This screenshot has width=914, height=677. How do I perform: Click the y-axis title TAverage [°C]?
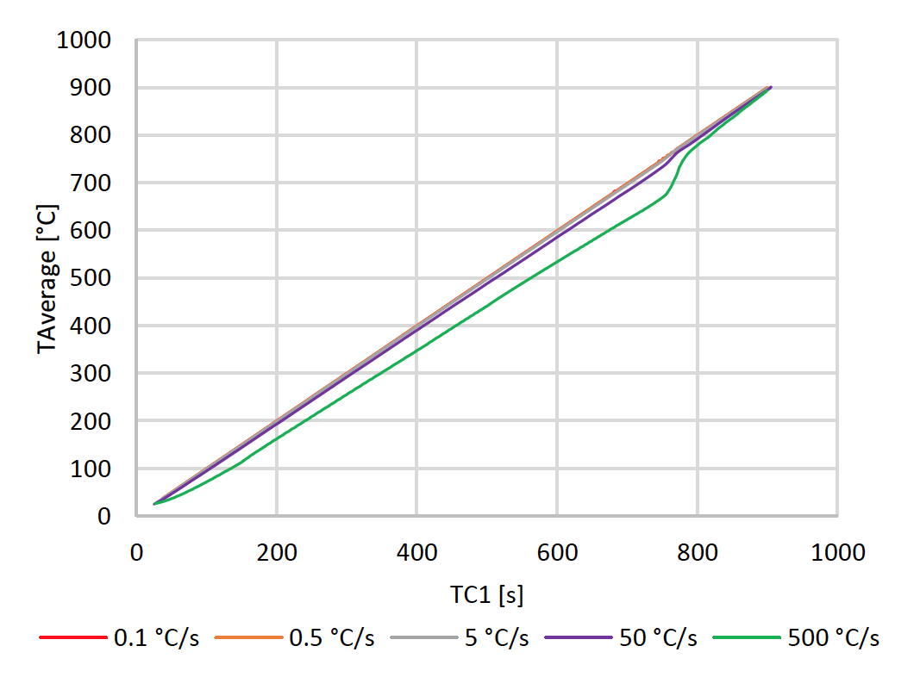(48, 277)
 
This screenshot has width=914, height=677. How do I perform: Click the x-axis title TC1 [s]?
(486, 594)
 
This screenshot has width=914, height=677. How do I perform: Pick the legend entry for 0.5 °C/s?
(331, 638)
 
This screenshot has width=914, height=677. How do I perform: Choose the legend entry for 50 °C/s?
(656, 638)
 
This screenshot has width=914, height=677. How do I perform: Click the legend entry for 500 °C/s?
(833, 638)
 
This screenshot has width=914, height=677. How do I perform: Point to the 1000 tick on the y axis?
(85, 40)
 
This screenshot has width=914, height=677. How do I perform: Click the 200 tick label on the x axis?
(276, 551)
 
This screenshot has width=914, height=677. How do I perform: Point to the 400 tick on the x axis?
(416, 551)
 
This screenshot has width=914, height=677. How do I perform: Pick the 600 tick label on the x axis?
(557, 551)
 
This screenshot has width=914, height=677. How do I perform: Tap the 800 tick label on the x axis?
(697, 551)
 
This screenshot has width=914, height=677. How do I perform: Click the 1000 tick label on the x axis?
(837, 551)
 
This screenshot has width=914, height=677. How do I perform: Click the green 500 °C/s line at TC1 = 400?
(416, 350)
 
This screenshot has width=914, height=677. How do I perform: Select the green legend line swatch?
(756, 638)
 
